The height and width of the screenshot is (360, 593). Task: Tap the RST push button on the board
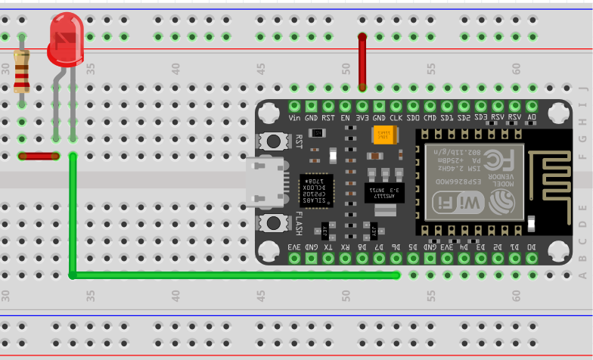(x=272, y=141)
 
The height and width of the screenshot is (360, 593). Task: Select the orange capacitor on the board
(x=382, y=135)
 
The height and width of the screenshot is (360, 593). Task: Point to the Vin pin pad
(x=294, y=106)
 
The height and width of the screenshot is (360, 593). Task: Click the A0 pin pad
(x=532, y=106)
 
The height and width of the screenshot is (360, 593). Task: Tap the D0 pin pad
(x=532, y=258)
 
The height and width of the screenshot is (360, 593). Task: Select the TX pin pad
(x=328, y=258)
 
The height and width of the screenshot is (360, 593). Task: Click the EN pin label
(x=346, y=118)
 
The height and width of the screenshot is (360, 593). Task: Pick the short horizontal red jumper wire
(x=39, y=157)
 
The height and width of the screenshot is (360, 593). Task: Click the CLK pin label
(x=396, y=118)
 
